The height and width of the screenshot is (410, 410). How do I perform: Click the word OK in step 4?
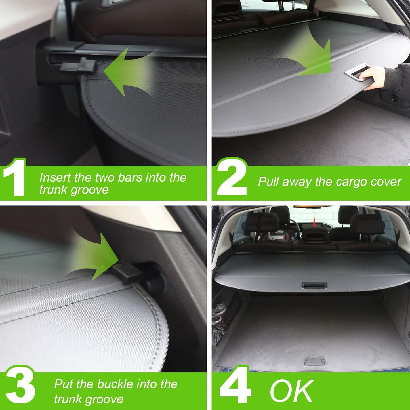point(292,391)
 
